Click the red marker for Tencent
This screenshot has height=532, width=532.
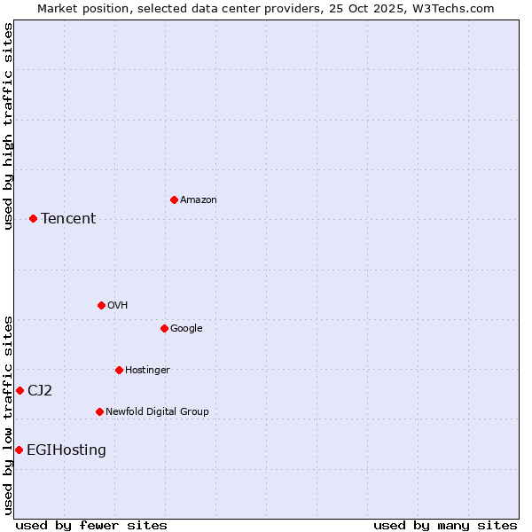point(33,218)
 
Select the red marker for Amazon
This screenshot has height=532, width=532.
point(174,199)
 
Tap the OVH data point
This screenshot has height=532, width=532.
point(101,305)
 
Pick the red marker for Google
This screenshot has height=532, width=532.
point(164,328)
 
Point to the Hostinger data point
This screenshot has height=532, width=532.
point(119,370)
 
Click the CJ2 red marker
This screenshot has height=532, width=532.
point(20,390)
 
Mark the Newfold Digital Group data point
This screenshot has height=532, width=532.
point(99,411)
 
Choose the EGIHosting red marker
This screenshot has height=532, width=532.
point(19,450)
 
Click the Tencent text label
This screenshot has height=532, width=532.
point(68,219)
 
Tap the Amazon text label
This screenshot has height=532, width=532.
point(199,200)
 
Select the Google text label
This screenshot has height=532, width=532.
point(186,329)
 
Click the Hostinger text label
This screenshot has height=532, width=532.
point(147,371)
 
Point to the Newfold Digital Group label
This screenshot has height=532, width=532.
point(157,412)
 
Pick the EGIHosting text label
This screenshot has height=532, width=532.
point(66,450)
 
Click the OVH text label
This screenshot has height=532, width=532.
point(118,306)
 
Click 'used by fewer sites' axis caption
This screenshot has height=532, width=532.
point(91,526)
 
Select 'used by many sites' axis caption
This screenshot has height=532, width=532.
point(445,526)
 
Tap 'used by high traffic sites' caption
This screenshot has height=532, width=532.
point(8,126)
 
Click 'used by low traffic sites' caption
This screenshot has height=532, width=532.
point(8,415)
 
